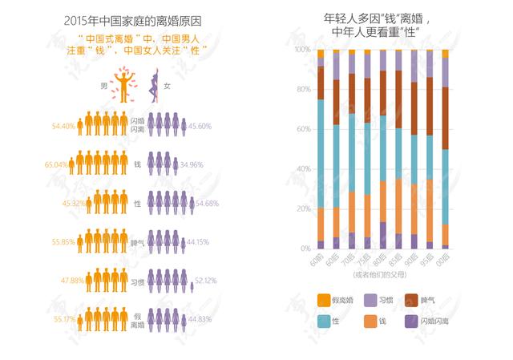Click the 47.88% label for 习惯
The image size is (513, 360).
(63, 281)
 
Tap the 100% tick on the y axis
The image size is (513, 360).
(302, 50)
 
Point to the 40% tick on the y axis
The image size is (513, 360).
(304, 169)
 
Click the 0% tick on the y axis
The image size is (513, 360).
(306, 249)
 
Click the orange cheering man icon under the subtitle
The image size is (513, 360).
(122, 87)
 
